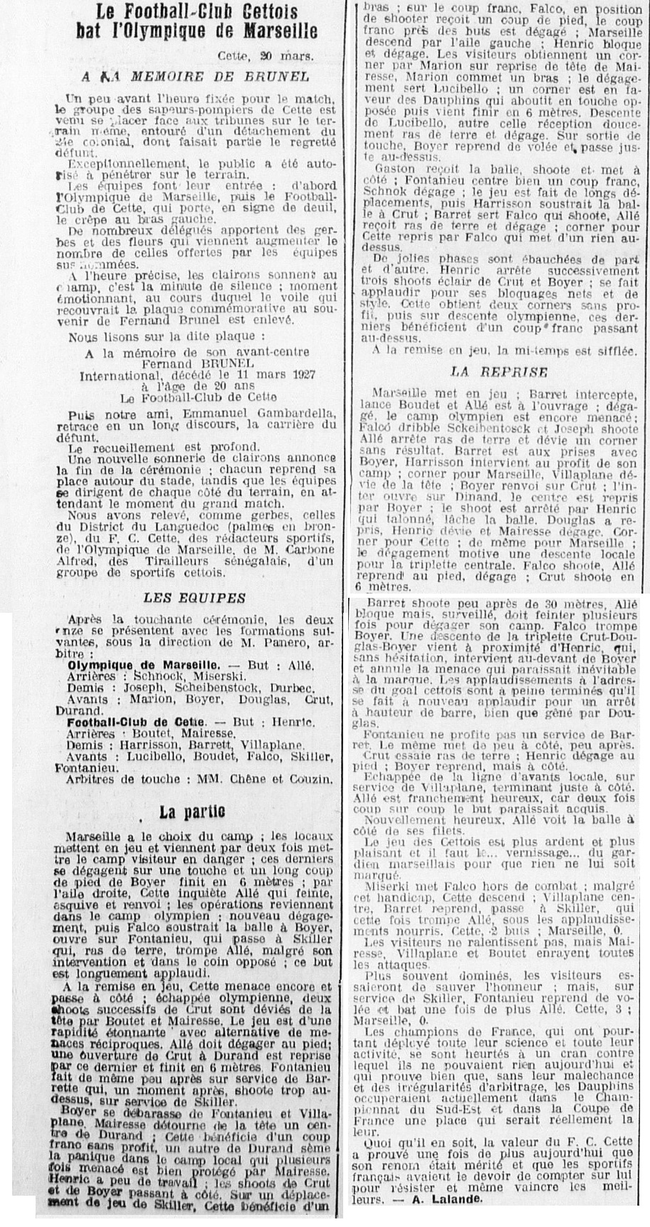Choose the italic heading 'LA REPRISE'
pyautogui.click(x=499, y=372)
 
